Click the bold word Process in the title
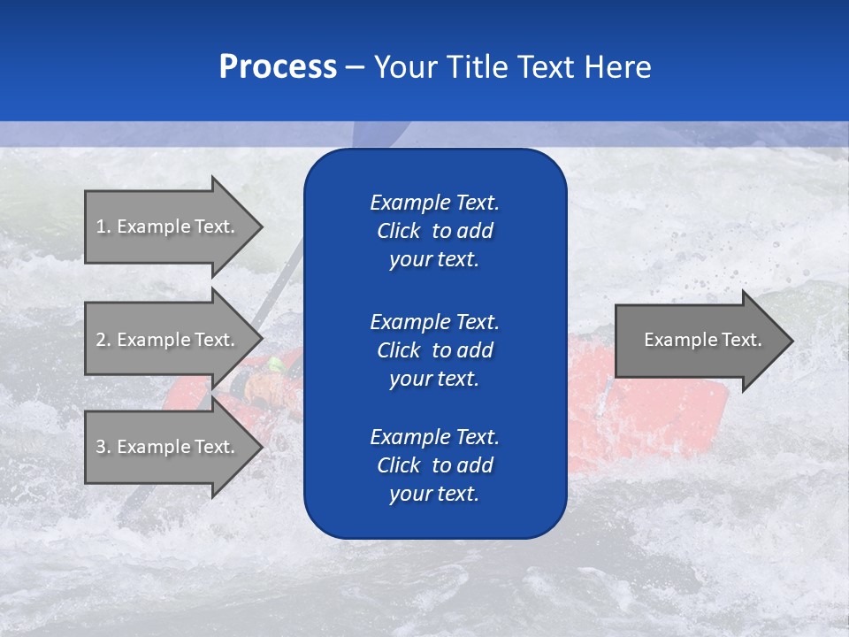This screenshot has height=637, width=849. [x=278, y=67]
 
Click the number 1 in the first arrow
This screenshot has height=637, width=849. [x=101, y=226]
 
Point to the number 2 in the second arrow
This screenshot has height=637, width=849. [x=101, y=340]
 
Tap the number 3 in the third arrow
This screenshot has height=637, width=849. [x=101, y=447]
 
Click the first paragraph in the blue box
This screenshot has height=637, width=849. [x=434, y=231]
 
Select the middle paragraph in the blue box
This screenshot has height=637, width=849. [x=434, y=349]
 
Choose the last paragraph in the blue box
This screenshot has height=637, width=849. [x=434, y=465]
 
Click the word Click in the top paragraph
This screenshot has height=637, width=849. [x=398, y=231]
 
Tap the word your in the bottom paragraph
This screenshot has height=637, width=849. [x=409, y=494]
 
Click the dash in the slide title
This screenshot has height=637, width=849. [x=355, y=67]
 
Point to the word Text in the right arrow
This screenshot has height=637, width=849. [x=741, y=340]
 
